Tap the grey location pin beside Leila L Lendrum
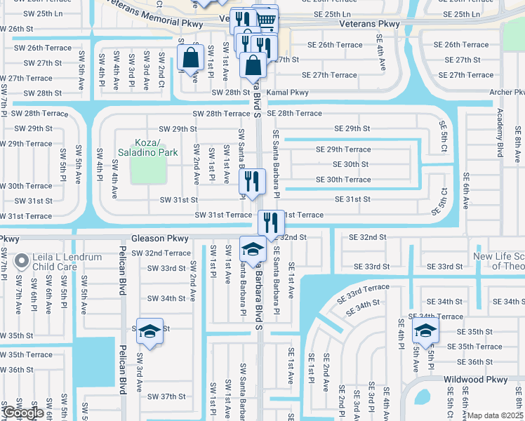click(x=22, y=262)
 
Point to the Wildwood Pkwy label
click(x=475, y=379)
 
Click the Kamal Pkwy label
click(x=290, y=92)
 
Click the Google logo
click(x=23, y=413)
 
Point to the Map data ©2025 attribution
click(x=496, y=415)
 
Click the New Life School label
click(x=498, y=261)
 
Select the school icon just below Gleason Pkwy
click(x=253, y=248)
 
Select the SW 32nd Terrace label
click(x=161, y=253)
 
